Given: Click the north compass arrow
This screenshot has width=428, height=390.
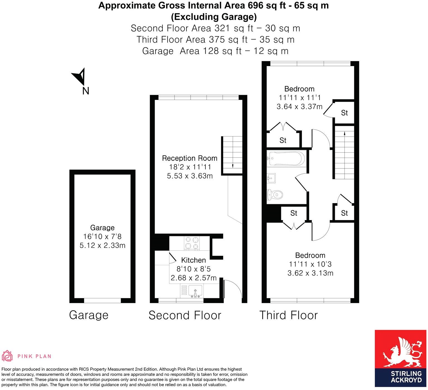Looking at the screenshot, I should (79, 76).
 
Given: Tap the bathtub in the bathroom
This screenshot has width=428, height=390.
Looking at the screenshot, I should (286, 159).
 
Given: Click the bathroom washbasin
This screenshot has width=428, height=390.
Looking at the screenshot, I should (271, 178).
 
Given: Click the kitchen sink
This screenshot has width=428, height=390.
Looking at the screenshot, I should (195, 291).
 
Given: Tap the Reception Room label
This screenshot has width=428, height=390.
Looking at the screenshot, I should (190, 158).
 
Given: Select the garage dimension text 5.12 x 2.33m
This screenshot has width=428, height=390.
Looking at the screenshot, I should (102, 245).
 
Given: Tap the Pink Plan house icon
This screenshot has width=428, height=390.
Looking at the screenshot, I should (8, 356).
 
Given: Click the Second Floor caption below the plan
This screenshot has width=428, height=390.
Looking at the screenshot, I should (185, 315).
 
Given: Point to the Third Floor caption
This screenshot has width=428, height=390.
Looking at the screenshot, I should (288, 315).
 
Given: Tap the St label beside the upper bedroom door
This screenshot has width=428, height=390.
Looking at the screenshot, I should (344, 113).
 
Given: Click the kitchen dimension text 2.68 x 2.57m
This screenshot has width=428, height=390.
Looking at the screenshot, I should (193, 278).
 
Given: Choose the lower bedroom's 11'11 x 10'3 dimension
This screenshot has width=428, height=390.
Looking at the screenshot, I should (310, 264).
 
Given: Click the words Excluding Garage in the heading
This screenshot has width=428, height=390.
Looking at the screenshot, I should (213, 17).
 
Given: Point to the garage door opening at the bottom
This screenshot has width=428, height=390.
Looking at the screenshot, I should (102, 301).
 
